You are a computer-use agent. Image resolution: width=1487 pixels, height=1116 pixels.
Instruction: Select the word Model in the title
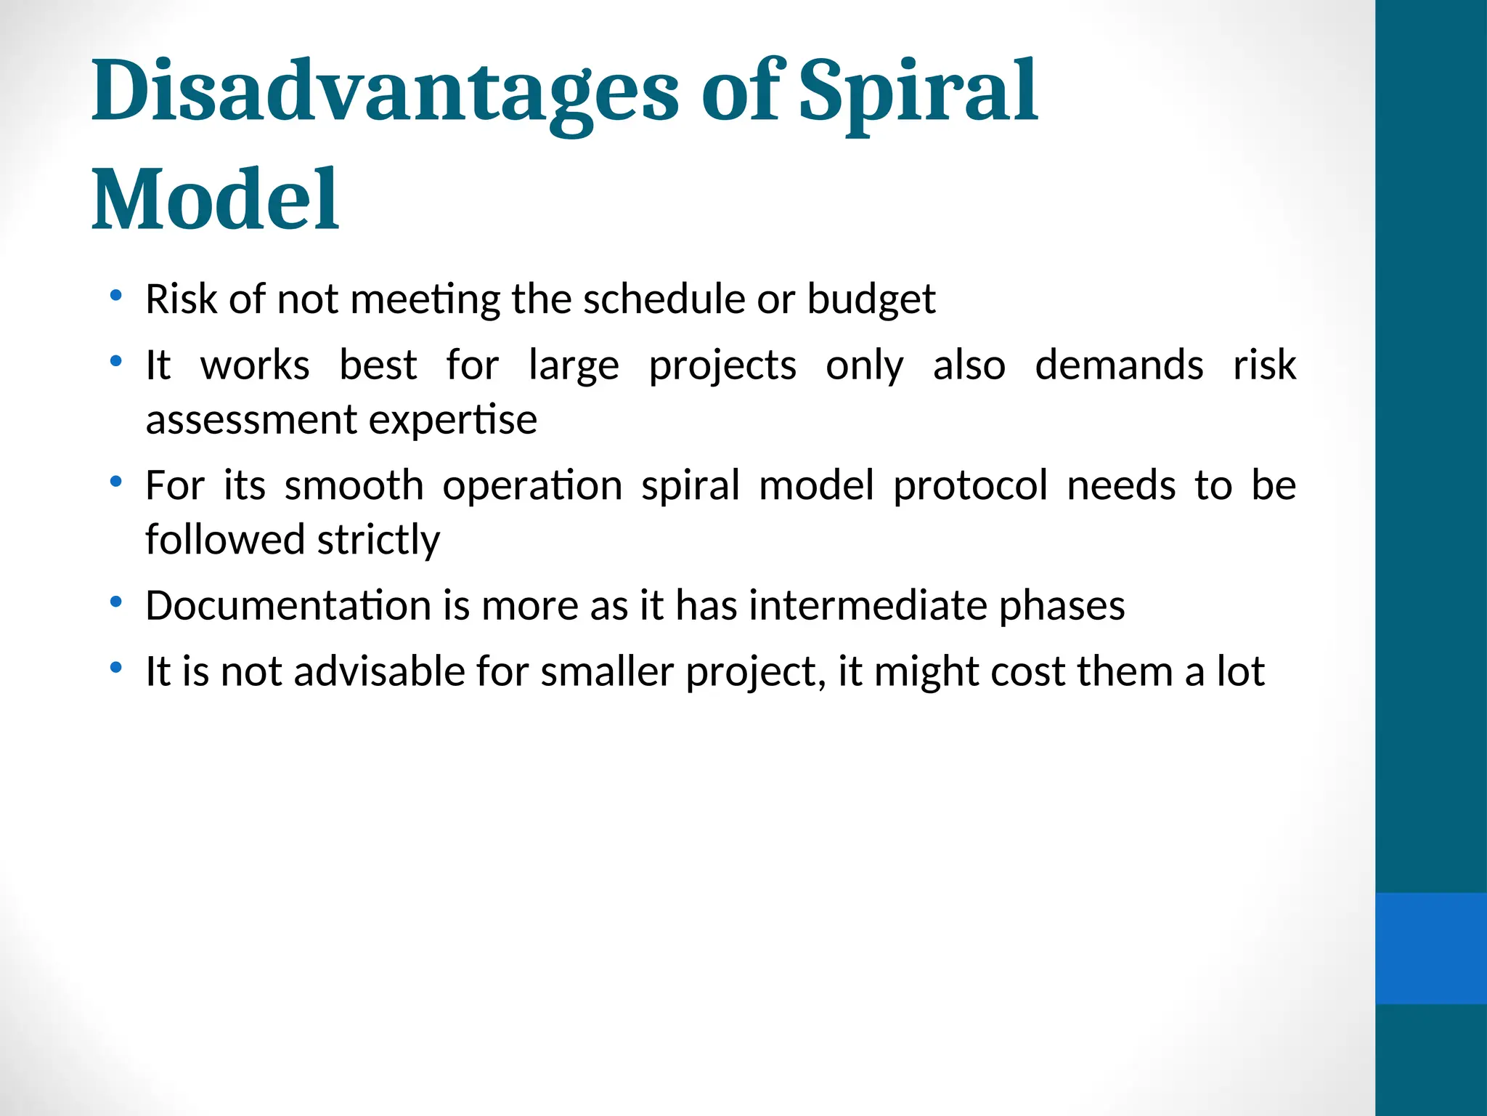tap(215, 199)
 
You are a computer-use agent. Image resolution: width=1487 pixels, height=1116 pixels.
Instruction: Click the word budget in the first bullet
tap(871, 299)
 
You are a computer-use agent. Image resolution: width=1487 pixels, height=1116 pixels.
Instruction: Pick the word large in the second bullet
tap(573, 365)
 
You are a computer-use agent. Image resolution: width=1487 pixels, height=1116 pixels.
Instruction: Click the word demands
tap(1118, 365)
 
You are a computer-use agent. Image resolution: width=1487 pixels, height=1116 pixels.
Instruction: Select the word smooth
tap(354, 485)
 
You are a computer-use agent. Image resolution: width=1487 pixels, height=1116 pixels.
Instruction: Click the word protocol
tap(970, 485)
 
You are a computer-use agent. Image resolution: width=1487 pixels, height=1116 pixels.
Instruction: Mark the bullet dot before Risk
tap(115, 295)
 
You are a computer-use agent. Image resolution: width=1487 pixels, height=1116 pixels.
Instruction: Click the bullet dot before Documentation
tap(115, 602)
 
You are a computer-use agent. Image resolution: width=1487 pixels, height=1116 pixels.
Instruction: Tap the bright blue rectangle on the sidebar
tap(1430, 948)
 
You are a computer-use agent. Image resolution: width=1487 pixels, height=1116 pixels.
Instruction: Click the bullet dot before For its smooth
tap(115, 481)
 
